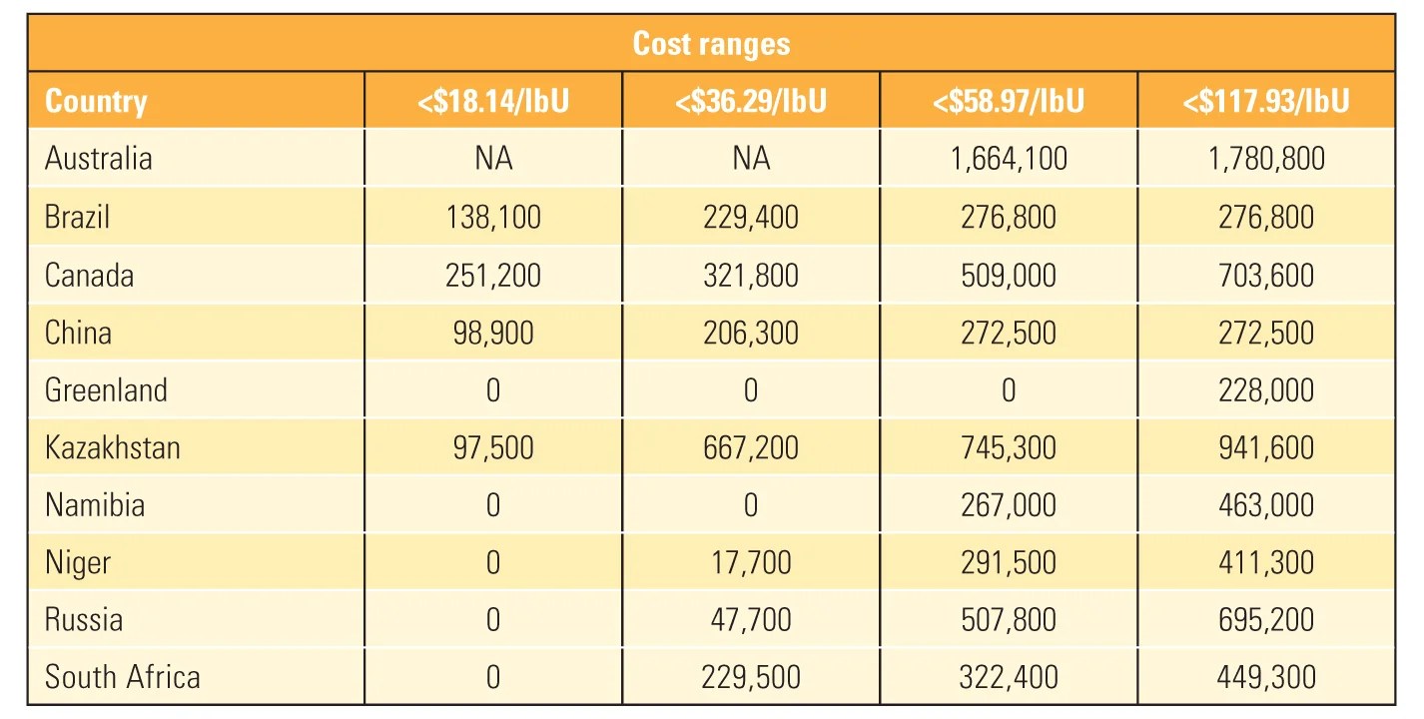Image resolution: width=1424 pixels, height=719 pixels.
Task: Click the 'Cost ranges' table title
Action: pyautogui.click(x=711, y=44)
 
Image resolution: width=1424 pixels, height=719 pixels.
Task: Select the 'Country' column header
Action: pyautogui.click(x=96, y=101)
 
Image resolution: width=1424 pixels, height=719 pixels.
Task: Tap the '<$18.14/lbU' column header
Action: pyautogui.click(x=493, y=101)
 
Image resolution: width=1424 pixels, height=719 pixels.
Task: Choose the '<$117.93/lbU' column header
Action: pyautogui.click(x=1265, y=101)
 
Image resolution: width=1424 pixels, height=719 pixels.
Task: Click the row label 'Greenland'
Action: pyautogui.click(x=106, y=389)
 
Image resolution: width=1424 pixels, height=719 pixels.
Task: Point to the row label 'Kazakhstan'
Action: pyautogui.click(x=113, y=447)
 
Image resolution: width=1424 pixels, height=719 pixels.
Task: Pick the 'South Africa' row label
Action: pyautogui.click(x=122, y=677)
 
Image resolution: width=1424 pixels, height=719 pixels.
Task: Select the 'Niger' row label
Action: pyautogui.click(x=78, y=563)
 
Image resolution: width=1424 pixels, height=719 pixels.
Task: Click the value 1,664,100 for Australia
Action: pyautogui.click(x=1008, y=159)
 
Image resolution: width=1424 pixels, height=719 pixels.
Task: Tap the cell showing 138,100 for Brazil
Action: pyautogui.click(x=493, y=217)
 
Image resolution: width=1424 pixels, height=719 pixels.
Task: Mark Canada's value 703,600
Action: pyautogui.click(x=1265, y=275)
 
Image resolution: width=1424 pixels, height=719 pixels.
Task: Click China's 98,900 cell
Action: pyautogui.click(x=493, y=333)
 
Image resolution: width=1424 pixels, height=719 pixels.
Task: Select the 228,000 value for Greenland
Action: pyautogui.click(x=1265, y=390)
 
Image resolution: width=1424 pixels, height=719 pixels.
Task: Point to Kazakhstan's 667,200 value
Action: pyautogui.click(x=751, y=447)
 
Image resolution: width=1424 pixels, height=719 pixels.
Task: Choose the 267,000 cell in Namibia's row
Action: pyautogui.click(x=1008, y=505)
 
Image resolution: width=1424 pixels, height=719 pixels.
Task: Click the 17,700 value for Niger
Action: pyautogui.click(x=751, y=563)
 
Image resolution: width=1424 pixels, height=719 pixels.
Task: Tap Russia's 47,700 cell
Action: pyautogui.click(x=751, y=620)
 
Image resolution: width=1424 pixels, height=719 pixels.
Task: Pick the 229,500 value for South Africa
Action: pyautogui.click(x=751, y=677)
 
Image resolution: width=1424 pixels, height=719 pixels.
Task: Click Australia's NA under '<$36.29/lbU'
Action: pyautogui.click(x=751, y=159)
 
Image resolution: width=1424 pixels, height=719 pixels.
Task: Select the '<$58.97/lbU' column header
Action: pyautogui.click(x=1008, y=101)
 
